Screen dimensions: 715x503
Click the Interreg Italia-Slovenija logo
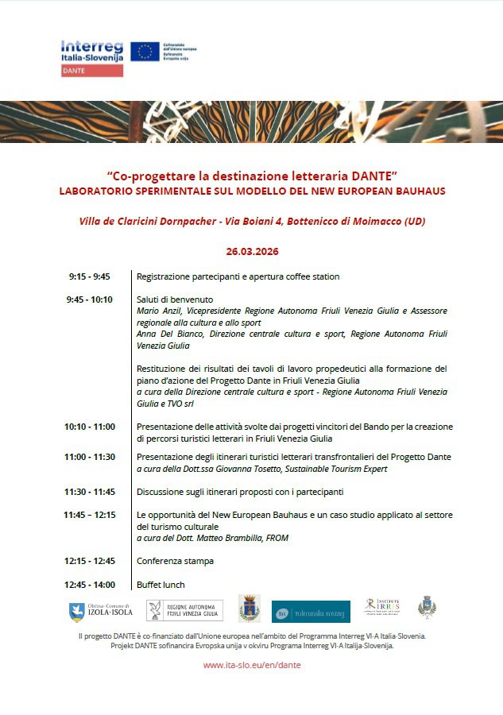[91, 52]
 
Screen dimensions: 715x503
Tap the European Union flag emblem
[145, 52]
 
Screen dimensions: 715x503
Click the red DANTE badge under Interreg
[92, 71]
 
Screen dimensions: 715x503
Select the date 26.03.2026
[251, 251]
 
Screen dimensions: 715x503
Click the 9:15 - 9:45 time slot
[89, 276]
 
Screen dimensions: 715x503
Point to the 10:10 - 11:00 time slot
[89, 427]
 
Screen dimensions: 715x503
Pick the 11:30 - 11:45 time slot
[89, 492]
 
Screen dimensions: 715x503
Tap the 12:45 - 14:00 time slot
[89, 585]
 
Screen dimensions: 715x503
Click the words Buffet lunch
[161, 585]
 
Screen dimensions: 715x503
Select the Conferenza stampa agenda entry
[175, 561]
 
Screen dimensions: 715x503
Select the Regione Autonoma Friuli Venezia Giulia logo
[184, 610]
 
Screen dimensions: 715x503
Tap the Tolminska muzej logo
[311, 611]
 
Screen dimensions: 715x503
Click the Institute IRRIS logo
[381, 608]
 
